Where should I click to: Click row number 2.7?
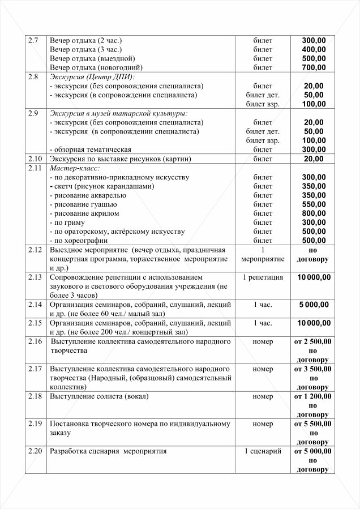33,41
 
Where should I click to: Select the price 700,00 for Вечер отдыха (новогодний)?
314,68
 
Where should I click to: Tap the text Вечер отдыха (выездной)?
92,59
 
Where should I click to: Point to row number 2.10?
35,159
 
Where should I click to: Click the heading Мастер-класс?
75,168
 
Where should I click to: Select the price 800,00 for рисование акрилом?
314,213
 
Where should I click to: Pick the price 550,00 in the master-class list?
314,204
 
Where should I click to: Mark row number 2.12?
35,250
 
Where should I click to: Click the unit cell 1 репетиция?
263,277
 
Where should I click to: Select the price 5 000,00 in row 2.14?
314,305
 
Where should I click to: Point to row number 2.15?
35,323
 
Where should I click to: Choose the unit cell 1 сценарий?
263,451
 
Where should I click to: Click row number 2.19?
35,424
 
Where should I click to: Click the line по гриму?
70,223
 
